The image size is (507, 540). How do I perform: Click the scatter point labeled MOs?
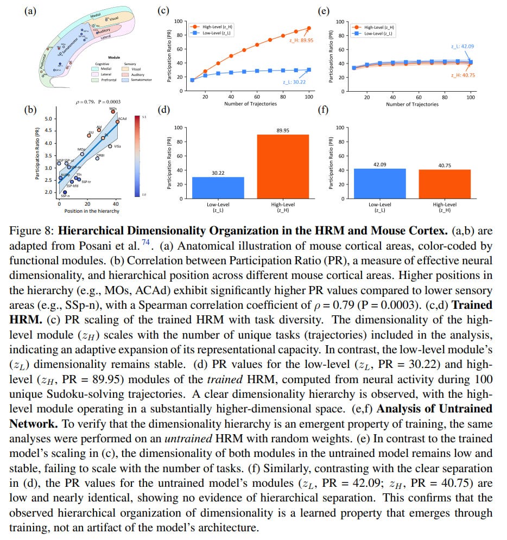[113, 112]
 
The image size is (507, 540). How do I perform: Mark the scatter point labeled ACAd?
[117, 122]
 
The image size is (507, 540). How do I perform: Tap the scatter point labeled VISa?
[110, 146]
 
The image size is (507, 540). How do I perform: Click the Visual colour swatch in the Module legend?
[126, 69]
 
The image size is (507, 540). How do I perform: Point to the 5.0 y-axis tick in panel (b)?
[49, 119]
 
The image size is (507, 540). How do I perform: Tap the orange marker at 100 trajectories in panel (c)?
[309, 28]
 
